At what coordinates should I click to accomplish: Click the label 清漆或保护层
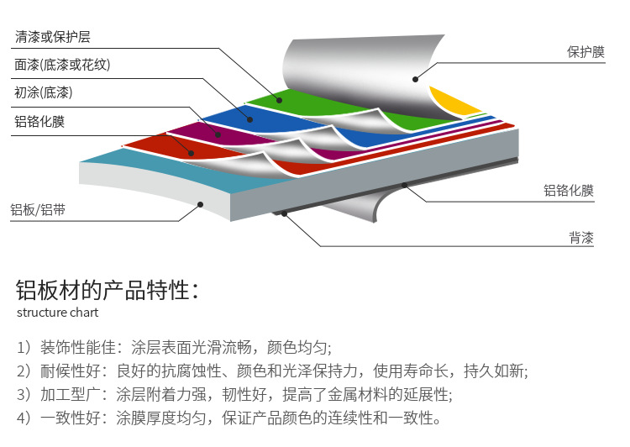[53, 37]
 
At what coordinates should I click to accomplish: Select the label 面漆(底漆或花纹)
[62, 65]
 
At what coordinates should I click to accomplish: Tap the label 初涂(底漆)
[44, 92]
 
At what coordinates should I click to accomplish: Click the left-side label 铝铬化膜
[39, 121]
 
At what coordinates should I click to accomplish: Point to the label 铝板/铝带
[38, 210]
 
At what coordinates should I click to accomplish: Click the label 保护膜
[585, 52]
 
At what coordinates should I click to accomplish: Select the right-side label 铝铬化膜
[569, 190]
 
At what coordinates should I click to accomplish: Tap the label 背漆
[581, 238]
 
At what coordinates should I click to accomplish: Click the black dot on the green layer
[279, 101]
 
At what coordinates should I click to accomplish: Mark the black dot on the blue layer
[250, 119]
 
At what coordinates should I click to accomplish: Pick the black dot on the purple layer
[218, 135]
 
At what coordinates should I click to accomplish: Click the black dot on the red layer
[192, 153]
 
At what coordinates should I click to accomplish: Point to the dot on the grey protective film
[416, 80]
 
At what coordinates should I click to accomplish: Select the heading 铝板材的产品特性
[108, 290]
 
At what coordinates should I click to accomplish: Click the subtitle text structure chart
[57, 313]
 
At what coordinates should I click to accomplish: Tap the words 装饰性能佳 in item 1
[78, 347]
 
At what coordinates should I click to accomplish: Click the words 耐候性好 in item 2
[71, 371]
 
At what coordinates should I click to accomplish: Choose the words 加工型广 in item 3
[71, 394]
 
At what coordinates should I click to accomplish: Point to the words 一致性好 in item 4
[71, 418]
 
